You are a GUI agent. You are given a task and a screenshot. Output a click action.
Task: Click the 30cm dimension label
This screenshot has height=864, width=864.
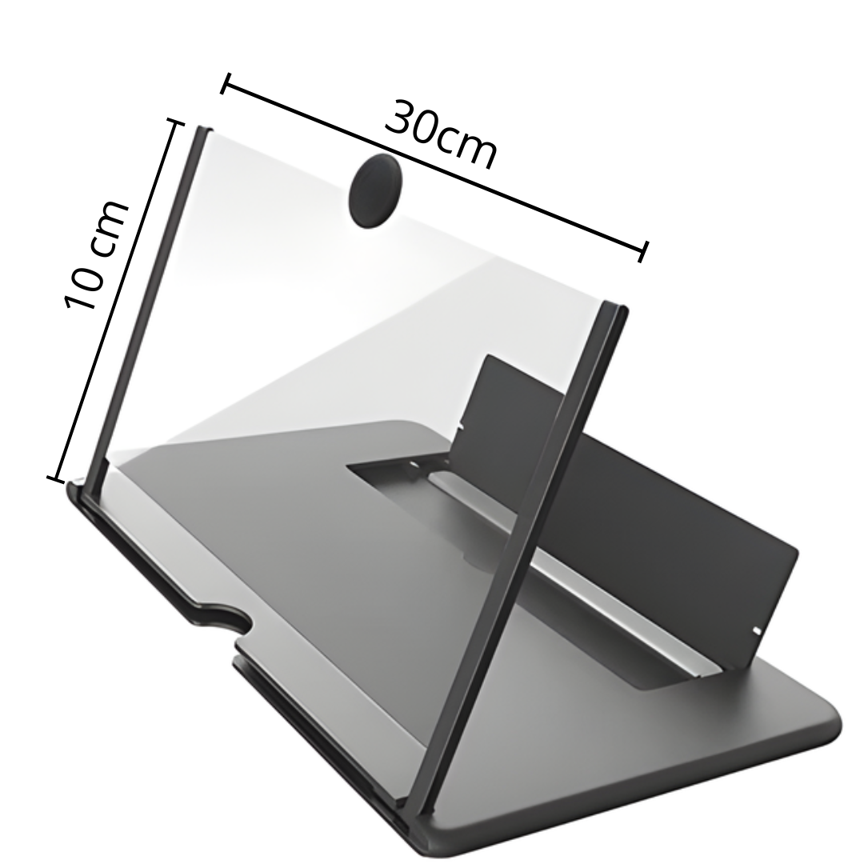click(x=442, y=136)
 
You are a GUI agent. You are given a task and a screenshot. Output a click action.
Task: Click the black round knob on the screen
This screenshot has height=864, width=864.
click(x=375, y=191)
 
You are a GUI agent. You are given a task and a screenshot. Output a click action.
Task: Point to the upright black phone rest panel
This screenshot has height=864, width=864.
click(x=632, y=488)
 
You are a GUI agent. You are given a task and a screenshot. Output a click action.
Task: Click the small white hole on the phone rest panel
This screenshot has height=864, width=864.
click(x=757, y=631)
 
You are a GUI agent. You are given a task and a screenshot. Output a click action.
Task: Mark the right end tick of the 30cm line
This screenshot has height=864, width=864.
click(x=642, y=251)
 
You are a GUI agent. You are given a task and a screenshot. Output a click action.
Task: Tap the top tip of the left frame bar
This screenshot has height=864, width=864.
click(x=203, y=130)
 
